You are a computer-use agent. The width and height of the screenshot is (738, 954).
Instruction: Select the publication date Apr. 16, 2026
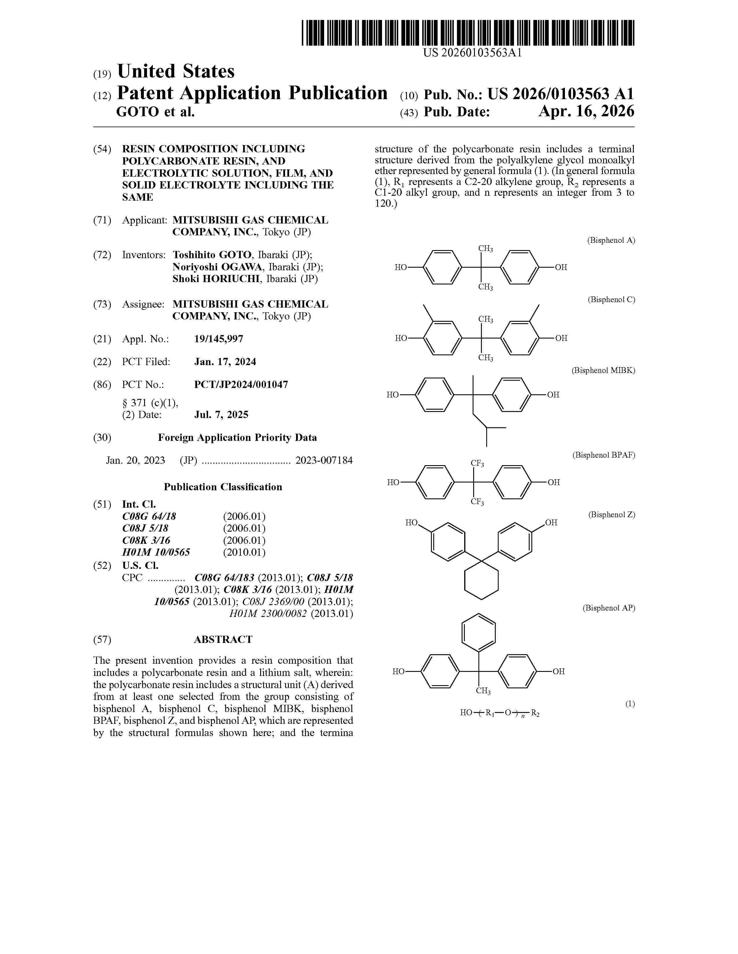tap(586, 112)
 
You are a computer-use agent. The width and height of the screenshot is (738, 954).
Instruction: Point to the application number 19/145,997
tap(219, 339)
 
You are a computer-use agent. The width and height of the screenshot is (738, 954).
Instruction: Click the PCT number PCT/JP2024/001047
tap(241, 385)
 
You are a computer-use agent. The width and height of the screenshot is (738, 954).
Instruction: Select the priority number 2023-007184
tap(324, 461)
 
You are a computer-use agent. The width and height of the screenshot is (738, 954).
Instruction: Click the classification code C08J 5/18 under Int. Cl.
tap(145, 528)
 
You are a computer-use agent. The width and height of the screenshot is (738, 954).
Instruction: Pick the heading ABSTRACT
tap(223, 639)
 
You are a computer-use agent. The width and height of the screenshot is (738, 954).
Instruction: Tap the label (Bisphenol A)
tap(611, 240)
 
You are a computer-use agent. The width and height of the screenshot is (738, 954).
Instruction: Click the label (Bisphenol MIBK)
tap(603, 370)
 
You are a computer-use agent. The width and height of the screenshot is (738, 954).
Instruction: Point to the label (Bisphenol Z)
tap(611, 515)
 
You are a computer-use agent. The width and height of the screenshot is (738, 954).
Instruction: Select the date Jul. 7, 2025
tap(221, 415)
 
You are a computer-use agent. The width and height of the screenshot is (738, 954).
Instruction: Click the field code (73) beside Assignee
tap(102, 304)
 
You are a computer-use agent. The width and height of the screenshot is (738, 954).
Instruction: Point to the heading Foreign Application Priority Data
tap(237, 438)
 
